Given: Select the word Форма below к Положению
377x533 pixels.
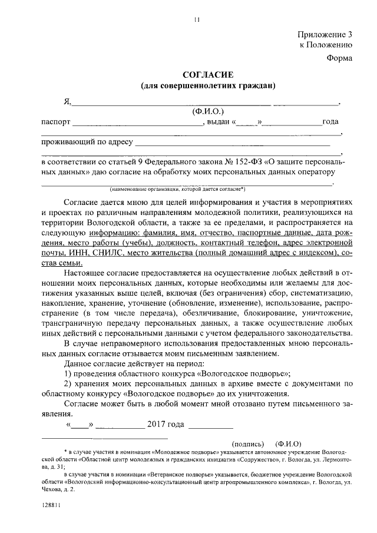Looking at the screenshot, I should [x=340, y=58].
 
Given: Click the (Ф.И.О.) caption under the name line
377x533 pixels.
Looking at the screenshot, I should [x=208, y=111].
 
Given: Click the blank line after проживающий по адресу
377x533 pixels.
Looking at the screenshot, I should [x=233, y=143].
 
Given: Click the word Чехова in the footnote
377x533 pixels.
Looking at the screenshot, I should [x=52, y=489].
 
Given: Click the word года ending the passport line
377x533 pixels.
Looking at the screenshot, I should [x=330, y=122].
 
